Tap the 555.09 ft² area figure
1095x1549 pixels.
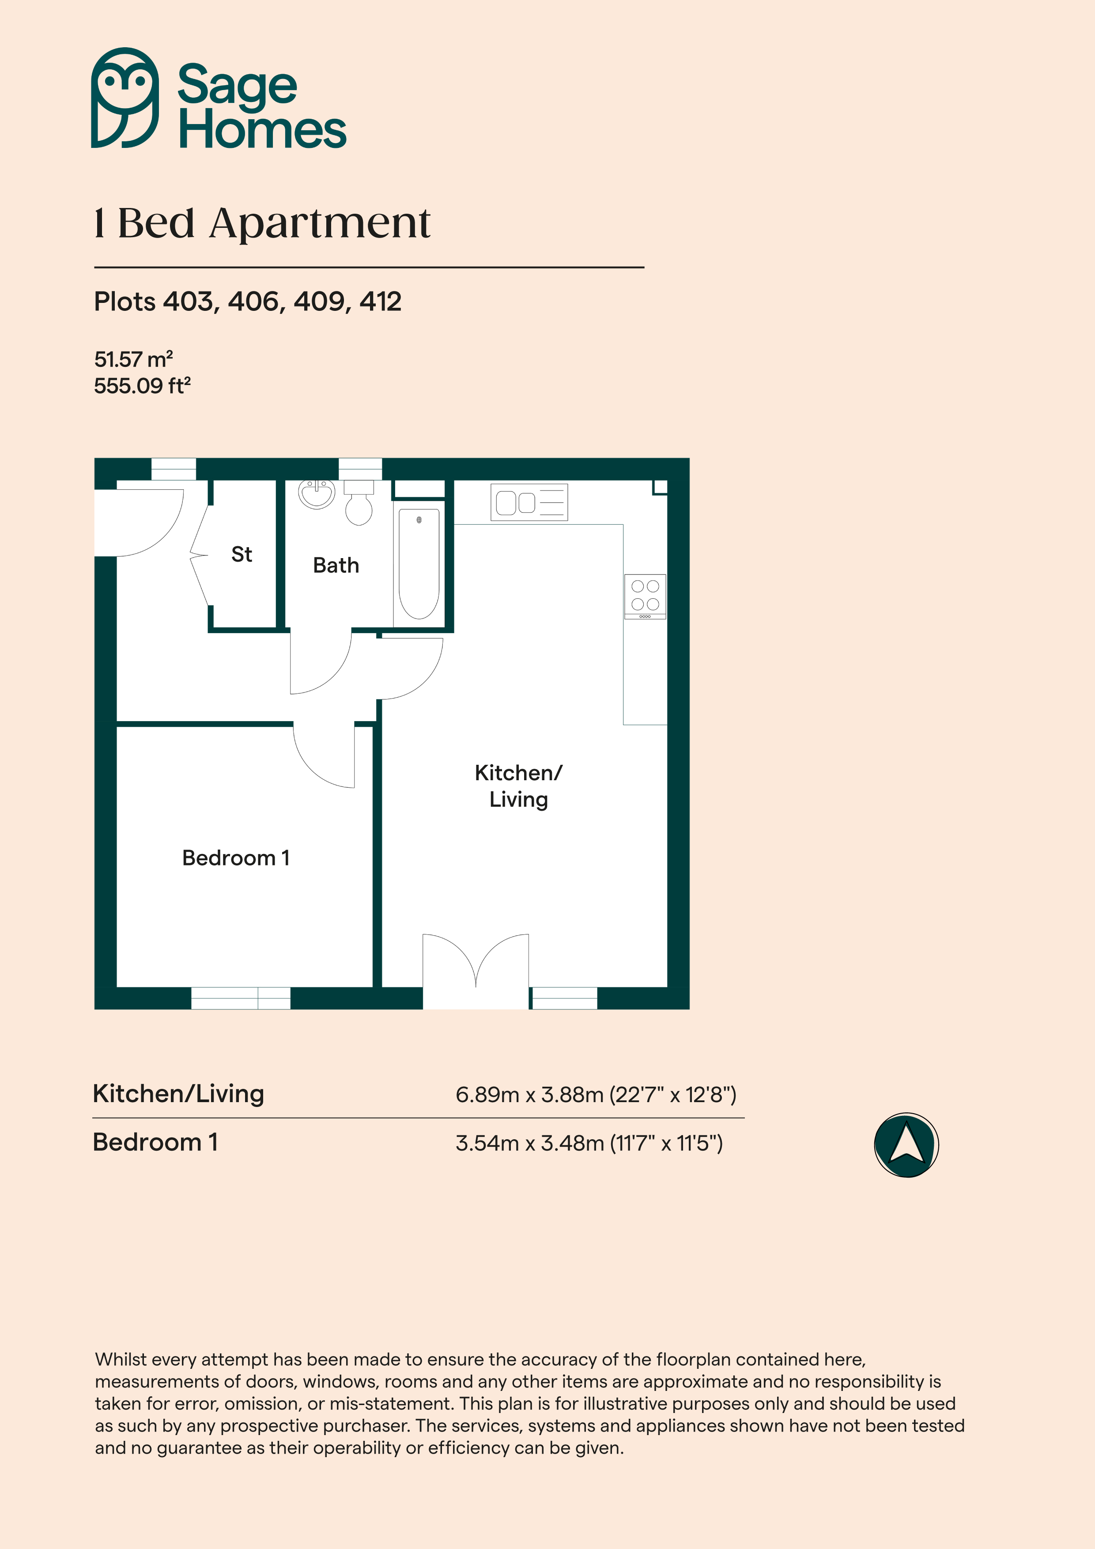coord(142,386)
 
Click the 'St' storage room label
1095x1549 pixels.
coord(242,555)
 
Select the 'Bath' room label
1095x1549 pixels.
coord(336,565)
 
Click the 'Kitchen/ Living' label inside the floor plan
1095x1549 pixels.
coord(518,786)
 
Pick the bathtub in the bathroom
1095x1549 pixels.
coord(419,563)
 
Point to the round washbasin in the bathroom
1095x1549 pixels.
coord(317,494)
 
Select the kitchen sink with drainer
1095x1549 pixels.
coord(529,502)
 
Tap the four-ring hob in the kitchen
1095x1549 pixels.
coord(645,597)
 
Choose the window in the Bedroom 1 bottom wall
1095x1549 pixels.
coord(241,998)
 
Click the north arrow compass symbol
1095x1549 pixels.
coord(906,1145)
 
